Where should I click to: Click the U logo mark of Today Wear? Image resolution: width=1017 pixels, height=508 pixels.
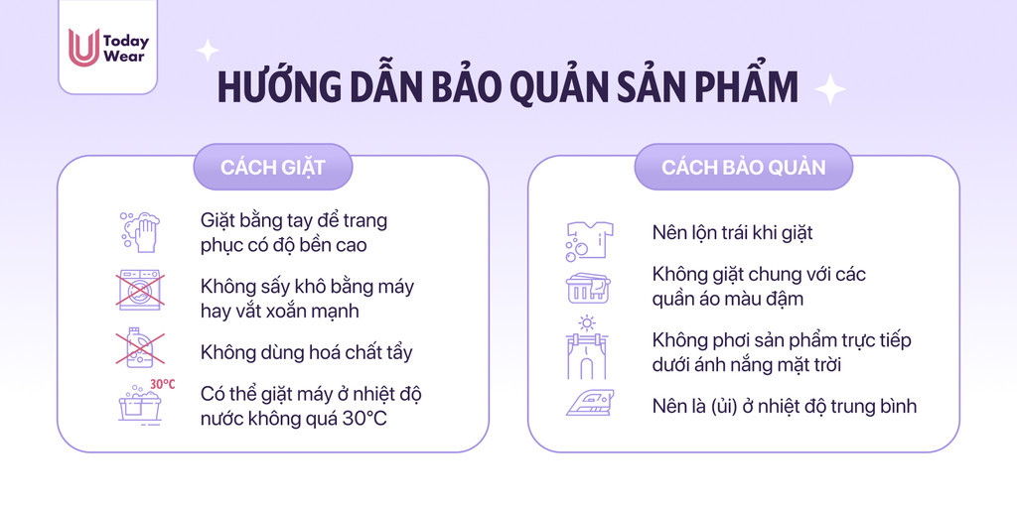[x=83, y=48]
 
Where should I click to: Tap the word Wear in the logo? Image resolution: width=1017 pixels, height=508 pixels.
[x=123, y=57]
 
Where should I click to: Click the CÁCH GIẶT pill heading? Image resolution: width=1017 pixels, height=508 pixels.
[x=273, y=167]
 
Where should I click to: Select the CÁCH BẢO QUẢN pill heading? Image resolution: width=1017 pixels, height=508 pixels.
[x=743, y=167]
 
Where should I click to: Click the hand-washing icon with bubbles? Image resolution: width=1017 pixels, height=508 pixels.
[x=139, y=232]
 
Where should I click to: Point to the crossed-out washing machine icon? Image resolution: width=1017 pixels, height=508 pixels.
[x=139, y=291]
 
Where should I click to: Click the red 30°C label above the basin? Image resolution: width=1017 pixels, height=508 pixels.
[x=163, y=384]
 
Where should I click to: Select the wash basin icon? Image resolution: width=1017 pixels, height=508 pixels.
[x=139, y=406]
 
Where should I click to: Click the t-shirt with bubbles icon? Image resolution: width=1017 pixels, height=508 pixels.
[x=589, y=240]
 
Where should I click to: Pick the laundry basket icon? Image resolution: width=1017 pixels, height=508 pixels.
[x=588, y=288]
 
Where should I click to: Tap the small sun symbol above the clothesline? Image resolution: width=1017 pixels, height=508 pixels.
[x=587, y=322]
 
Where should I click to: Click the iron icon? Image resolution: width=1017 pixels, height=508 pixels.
[x=590, y=403]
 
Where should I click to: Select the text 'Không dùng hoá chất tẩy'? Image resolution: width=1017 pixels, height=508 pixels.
[x=306, y=353]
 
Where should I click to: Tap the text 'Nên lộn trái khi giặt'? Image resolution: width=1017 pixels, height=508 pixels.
[x=732, y=233]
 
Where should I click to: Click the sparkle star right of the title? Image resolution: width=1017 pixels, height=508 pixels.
[x=829, y=89]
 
